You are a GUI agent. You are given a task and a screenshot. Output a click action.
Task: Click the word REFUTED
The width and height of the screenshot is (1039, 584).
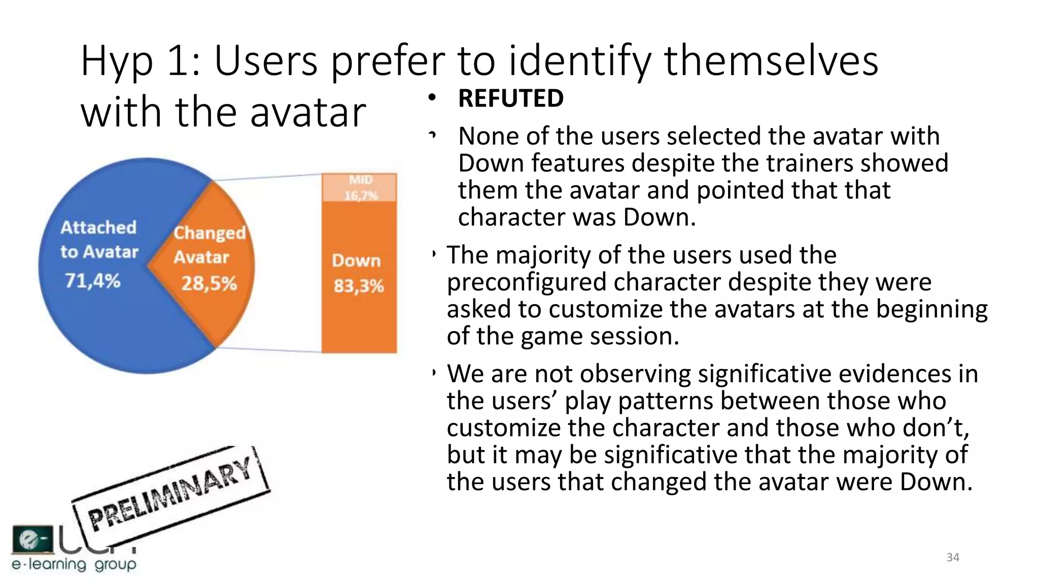point(510,98)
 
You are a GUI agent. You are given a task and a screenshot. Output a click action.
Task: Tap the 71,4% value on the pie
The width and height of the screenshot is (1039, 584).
point(93,280)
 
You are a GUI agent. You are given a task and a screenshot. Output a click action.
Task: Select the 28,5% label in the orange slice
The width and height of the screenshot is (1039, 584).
point(209,283)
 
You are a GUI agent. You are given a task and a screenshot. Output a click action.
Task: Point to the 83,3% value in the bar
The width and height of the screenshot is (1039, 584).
point(359,286)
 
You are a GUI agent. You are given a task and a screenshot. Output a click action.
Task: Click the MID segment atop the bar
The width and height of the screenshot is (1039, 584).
point(360,188)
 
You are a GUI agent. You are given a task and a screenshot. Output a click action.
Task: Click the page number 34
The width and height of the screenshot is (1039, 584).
point(953,558)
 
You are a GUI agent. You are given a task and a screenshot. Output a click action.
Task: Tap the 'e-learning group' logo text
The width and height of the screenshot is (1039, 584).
point(74,564)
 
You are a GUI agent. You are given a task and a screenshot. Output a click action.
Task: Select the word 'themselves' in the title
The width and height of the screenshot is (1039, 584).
point(771,61)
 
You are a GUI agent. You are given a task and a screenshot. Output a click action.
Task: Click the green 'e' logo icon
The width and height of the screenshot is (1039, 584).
point(32,538)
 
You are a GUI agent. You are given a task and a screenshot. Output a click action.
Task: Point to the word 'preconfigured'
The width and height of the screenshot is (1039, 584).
point(526,282)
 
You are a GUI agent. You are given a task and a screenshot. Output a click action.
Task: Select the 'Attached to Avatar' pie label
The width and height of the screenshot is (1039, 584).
point(99,239)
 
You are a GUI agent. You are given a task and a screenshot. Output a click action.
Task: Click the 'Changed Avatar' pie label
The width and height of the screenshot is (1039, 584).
point(209,245)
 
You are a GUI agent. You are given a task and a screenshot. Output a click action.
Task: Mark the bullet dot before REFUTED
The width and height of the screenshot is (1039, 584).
point(432,97)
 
